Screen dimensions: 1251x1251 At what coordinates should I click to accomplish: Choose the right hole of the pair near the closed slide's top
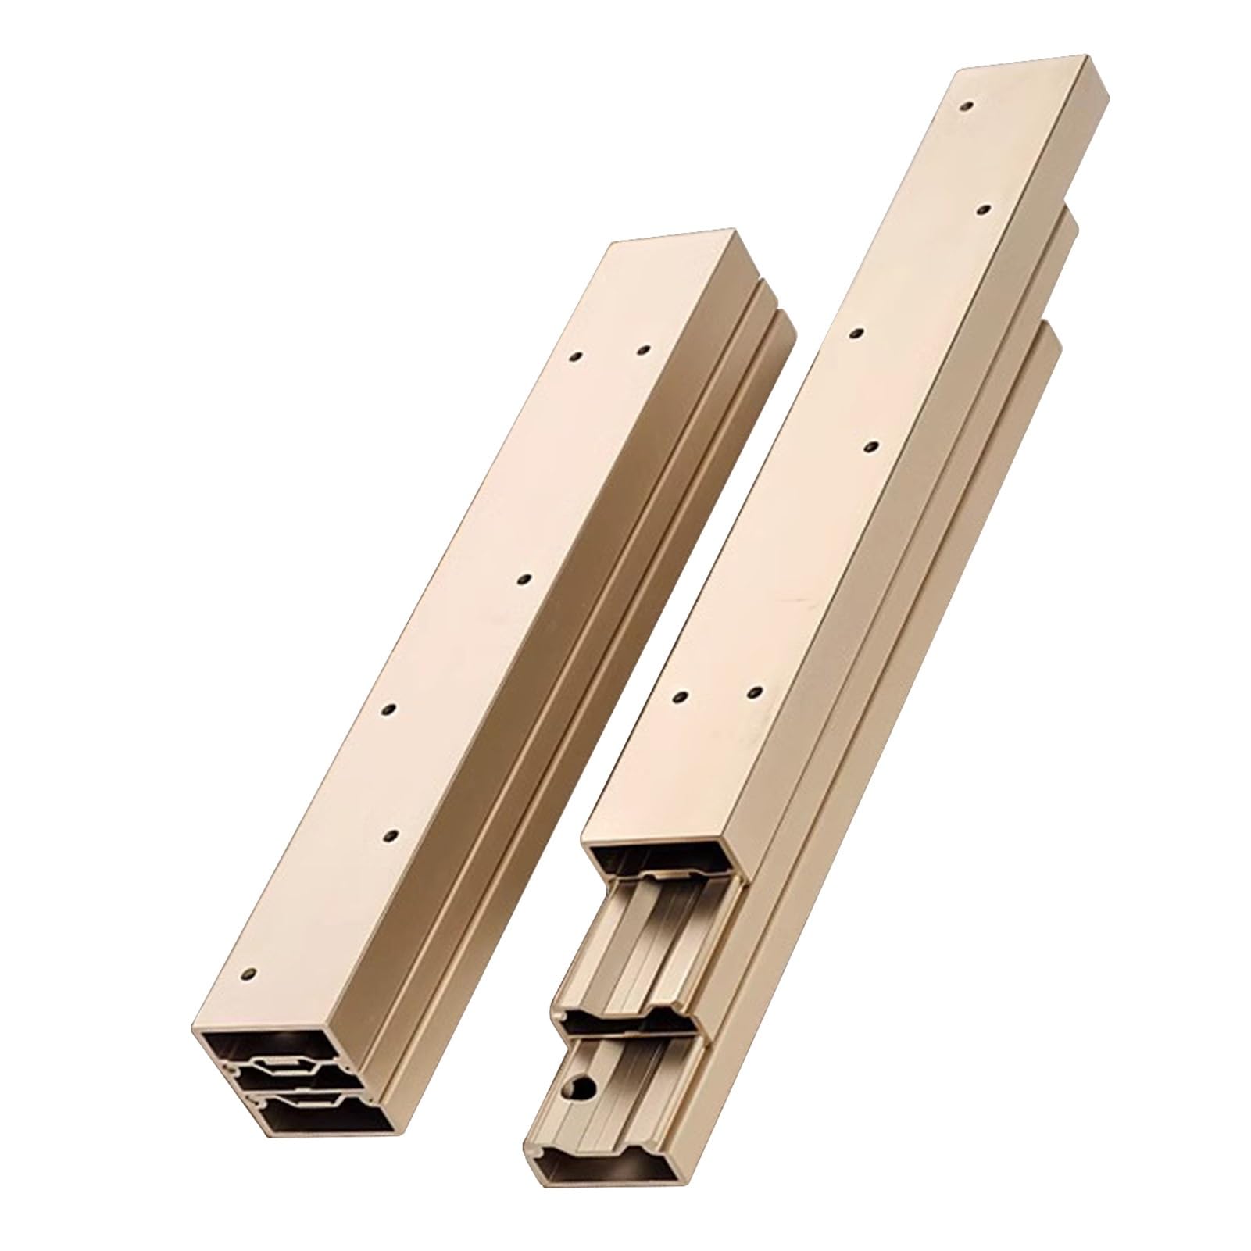pyautogui.click(x=644, y=350)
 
